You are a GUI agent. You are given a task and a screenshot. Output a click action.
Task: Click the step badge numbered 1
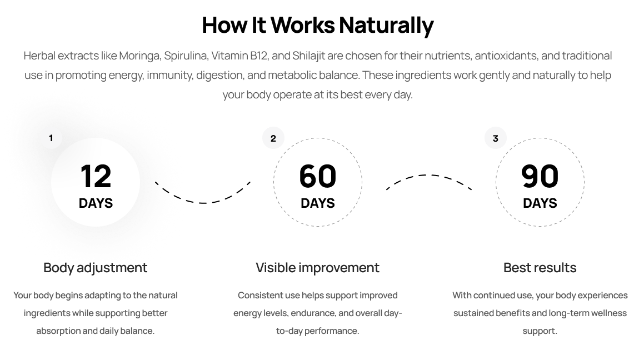coord(51,138)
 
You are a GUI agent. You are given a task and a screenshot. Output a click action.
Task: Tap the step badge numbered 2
coord(273,138)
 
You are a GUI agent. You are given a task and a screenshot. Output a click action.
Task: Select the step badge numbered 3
coord(495,138)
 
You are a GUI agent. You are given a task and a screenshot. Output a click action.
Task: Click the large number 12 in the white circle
coord(96,176)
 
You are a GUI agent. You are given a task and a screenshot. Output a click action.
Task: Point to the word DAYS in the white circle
coord(96,203)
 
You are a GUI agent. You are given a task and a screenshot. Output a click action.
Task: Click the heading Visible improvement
coord(317,267)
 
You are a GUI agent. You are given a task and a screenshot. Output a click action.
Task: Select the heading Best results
coord(540,267)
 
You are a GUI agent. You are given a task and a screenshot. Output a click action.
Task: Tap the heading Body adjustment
coord(95,267)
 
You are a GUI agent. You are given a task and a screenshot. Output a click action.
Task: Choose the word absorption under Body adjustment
coord(58,331)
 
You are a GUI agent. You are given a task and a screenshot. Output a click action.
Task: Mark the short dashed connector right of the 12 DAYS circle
coord(167,189)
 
